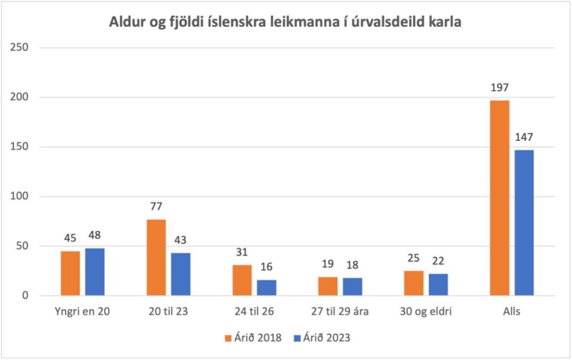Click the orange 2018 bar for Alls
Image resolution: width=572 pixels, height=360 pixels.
(499, 198)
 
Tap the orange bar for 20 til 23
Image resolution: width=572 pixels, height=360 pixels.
(156, 257)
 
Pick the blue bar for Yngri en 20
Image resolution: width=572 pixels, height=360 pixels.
(95, 272)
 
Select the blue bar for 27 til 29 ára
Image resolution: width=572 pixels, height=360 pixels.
(352, 286)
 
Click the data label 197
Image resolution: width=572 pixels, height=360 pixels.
(499, 87)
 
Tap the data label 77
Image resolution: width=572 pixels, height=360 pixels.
(156, 207)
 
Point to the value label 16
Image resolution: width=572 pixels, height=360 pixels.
(266, 267)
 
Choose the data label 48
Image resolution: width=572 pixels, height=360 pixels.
(95, 235)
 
